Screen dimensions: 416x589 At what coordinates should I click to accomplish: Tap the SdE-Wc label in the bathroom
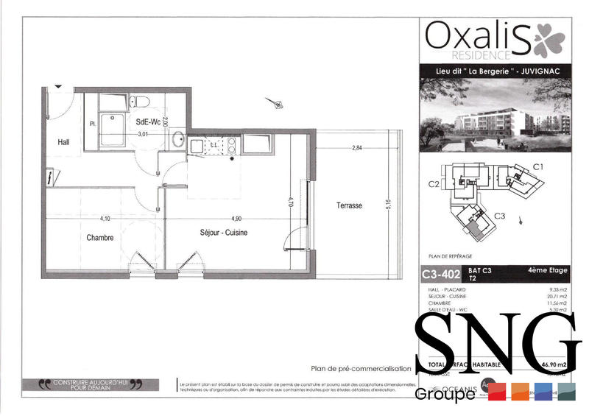[x=148, y=121]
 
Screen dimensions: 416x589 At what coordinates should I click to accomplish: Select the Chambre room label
[x=99, y=238]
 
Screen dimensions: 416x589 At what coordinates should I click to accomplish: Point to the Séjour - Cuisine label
[x=223, y=233]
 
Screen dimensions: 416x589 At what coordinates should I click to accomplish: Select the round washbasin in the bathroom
[x=178, y=139]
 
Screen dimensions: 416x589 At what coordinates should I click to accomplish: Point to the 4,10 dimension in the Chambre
[x=105, y=219]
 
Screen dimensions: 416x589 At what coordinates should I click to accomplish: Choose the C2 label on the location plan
[x=434, y=183]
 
